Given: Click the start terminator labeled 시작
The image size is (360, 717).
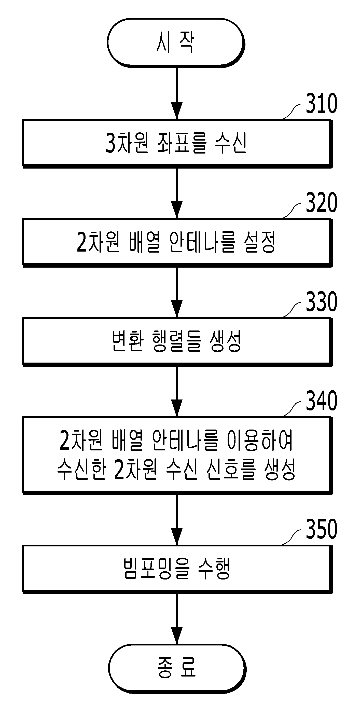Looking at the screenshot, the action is (176, 43).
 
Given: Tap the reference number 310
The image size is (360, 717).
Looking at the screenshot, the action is (321, 103).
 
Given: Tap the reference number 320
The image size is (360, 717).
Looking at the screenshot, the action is (321, 202).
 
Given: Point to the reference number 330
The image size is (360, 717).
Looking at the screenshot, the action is (321, 301).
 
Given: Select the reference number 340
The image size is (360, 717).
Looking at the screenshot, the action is (321, 401).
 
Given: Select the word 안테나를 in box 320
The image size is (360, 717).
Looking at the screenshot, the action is (202, 242).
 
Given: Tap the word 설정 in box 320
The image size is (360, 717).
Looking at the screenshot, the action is (260, 242).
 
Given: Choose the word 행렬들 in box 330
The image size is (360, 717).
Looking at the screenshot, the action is (176, 341).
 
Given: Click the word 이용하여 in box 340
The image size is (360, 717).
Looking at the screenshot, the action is (260, 440).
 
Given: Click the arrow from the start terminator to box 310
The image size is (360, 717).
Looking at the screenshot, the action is (177, 93).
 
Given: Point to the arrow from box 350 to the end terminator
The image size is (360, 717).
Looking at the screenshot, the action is (177, 619).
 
